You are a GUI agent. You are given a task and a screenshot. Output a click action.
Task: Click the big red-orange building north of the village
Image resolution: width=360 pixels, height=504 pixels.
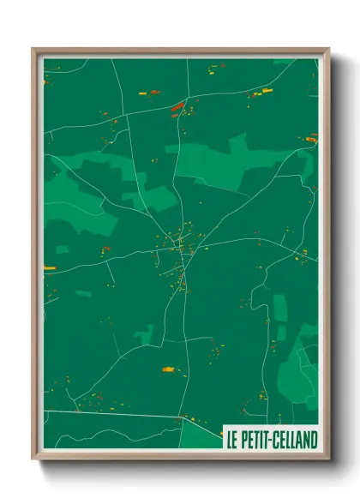point(177,107)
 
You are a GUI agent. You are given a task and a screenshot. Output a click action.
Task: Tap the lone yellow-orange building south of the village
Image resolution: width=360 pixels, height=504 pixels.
point(168,369)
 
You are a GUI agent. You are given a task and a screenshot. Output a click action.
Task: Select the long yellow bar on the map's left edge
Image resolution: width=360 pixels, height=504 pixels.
point(49,268)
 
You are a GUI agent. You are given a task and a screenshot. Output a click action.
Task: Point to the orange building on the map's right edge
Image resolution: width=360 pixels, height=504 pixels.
point(311,137)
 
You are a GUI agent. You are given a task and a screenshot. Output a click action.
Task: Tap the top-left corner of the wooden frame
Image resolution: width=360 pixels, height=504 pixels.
point(33,49)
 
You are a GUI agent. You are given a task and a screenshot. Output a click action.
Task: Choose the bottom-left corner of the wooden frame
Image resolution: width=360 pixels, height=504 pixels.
point(33,461)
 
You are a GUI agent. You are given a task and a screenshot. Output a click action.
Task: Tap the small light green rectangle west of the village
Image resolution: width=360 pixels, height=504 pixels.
point(62,249)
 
